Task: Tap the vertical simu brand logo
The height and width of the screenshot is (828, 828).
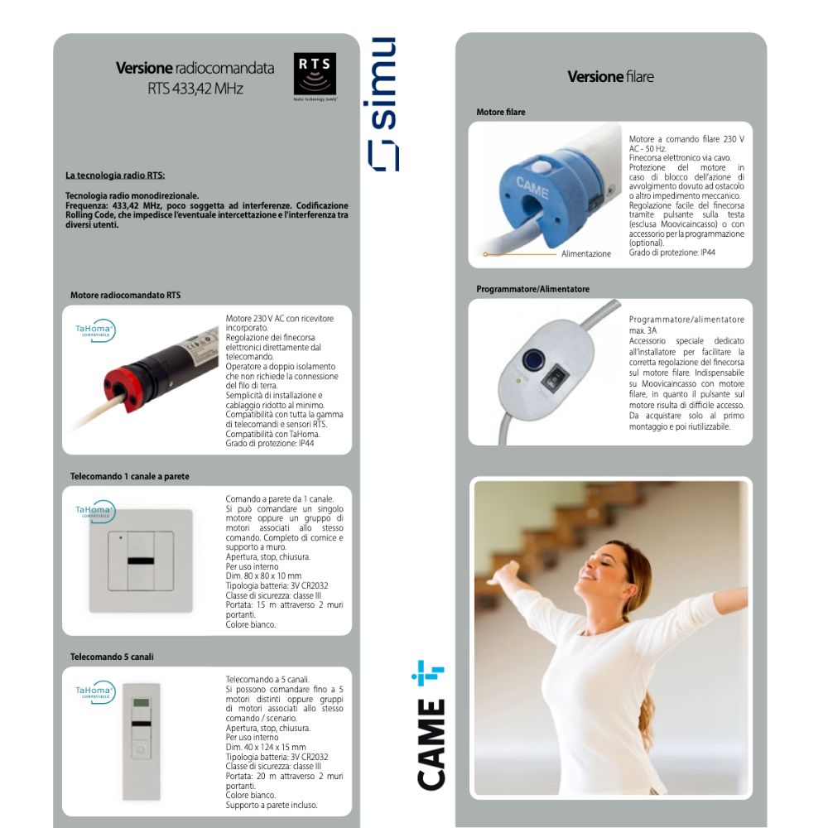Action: tap(383, 104)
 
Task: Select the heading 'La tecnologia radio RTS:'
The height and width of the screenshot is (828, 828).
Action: tap(115, 176)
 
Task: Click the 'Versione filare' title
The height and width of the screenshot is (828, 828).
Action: tap(610, 77)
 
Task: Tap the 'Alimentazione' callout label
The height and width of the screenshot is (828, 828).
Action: tap(585, 254)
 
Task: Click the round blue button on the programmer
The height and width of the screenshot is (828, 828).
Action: tap(533, 359)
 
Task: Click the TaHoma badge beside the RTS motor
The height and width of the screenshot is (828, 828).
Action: tap(95, 330)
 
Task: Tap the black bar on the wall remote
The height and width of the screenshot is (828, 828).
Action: tap(141, 561)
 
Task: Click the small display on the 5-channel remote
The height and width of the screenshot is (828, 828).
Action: tap(142, 703)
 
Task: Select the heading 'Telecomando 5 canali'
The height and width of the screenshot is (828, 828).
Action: tap(112, 657)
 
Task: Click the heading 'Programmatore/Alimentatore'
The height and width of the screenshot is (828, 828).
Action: tap(532, 289)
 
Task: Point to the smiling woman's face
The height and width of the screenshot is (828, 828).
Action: tap(602, 570)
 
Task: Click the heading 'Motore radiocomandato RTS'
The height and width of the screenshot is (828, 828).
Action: tap(125, 296)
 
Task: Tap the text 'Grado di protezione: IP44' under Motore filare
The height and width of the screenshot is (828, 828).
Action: tap(672, 253)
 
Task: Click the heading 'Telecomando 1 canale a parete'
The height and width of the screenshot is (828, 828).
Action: tap(129, 476)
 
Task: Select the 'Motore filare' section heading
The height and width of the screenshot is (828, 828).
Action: tap(501, 113)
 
